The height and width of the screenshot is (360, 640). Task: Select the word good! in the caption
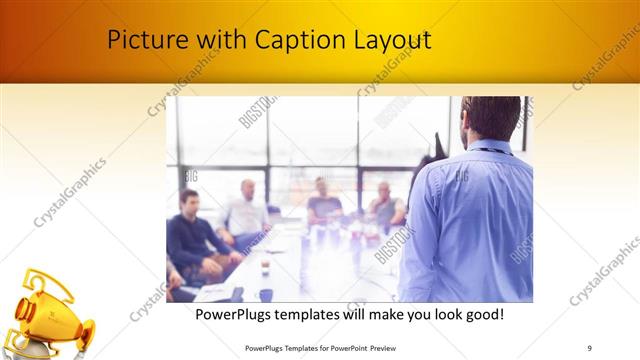[x=480, y=314]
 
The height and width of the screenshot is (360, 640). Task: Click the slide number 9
[x=589, y=347]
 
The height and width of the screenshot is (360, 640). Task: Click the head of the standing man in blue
[x=493, y=119]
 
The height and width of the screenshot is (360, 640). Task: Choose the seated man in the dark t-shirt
[x=323, y=204]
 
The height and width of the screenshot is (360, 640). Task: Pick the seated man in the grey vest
[x=384, y=207]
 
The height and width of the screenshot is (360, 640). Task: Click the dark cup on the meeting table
[x=266, y=294]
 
